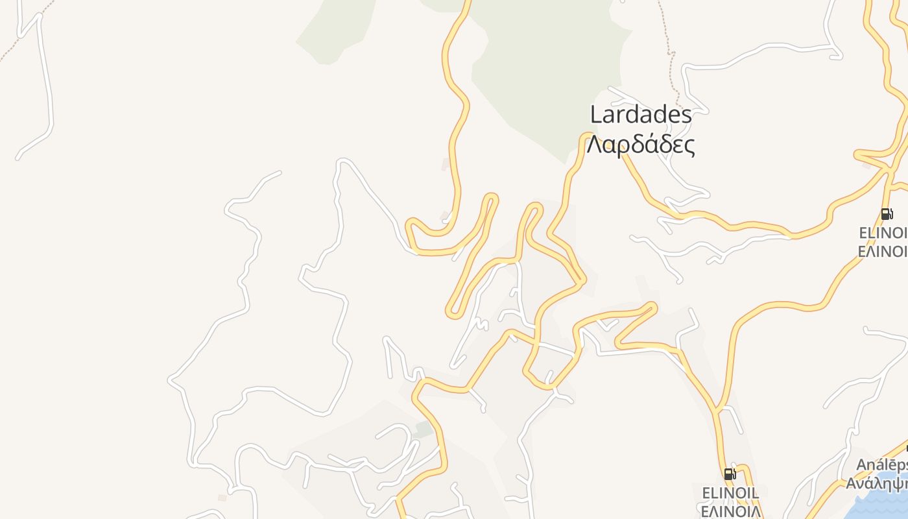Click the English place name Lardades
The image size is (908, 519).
pyautogui.click(x=640, y=115)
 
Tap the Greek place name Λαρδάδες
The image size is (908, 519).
pyautogui.click(x=640, y=145)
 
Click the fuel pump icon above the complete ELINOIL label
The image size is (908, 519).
pyautogui.click(x=730, y=474)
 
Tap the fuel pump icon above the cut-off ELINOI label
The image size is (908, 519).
pyautogui.click(x=887, y=214)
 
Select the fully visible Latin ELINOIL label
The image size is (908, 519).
pyautogui.click(x=730, y=492)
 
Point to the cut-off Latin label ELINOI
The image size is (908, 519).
pyautogui.click(x=883, y=232)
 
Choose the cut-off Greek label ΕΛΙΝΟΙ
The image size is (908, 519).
pyautogui.click(x=883, y=251)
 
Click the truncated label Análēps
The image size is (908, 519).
pyautogui.click(x=881, y=465)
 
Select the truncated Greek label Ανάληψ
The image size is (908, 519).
pyautogui.click(x=877, y=483)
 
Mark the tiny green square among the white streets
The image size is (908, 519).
pyautogui.click(x=424, y=429)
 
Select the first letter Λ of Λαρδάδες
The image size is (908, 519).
pyautogui.click(x=593, y=145)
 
